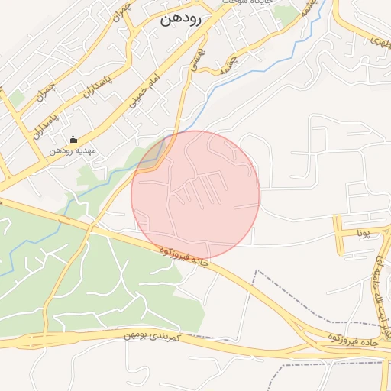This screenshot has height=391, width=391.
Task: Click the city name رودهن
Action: pyautogui.click(x=179, y=21)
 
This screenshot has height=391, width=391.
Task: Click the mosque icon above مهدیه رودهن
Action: pyautogui.click(x=73, y=139)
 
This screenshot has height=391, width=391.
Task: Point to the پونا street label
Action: pyautogui.click(x=363, y=231)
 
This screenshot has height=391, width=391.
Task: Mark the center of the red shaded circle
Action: pyautogui.click(x=195, y=195)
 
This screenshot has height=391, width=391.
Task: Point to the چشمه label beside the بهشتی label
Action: pyautogui.click(x=228, y=57)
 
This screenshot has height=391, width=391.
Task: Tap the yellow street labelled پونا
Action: pyautogui.click(x=338, y=237)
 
